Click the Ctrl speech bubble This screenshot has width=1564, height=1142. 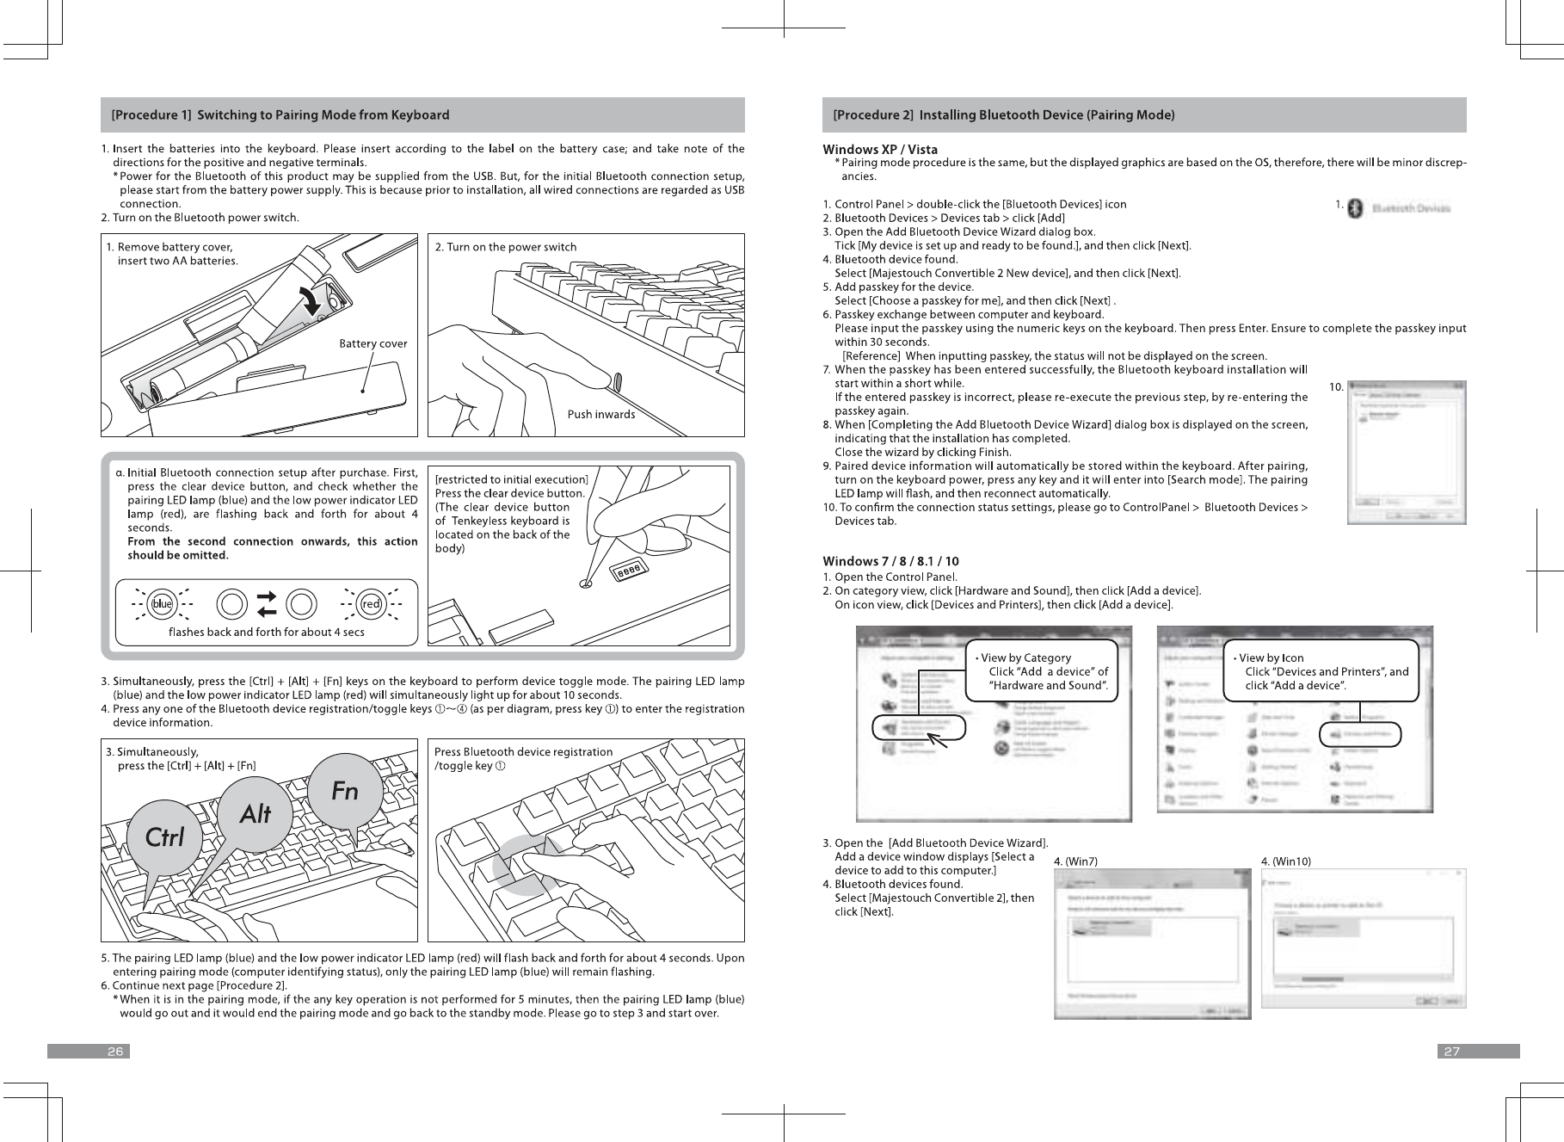click(164, 836)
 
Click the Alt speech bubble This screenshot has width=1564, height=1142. click(256, 812)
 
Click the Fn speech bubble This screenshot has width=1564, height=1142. click(344, 791)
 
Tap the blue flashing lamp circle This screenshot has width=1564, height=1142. click(162, 604)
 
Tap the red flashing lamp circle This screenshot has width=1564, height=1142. click(372, 604)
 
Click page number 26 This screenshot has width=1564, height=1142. click(115, 1051)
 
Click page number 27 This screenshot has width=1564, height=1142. click(1450, 1051)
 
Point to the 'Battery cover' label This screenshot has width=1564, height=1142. click(373, 343)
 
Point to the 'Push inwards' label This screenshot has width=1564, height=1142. click(600, 414)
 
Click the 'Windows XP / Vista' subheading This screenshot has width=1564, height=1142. click(880, 151)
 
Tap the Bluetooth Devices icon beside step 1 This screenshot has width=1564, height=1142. click(1355, 208)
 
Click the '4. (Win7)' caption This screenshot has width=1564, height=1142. click(1075, 861)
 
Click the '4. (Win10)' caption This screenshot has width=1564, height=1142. click(1285, 861)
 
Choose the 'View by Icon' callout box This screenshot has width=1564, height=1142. click(1319, 672)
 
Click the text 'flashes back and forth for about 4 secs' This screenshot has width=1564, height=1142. click(267, 632)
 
